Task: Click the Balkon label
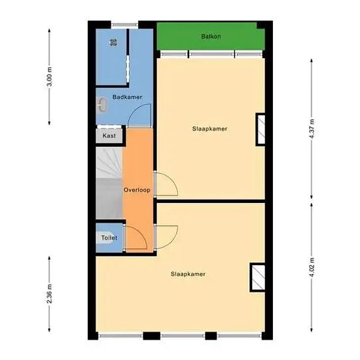point(211,37)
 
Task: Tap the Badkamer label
point(127,97)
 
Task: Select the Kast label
point(109,135)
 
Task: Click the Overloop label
point(137,190)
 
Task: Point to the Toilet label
point(109,238)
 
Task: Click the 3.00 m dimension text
point(49,77)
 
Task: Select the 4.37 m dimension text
point(312,129)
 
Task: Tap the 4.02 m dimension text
point(312,267)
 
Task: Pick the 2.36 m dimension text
point(49,294)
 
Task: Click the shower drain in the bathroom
point(113,43)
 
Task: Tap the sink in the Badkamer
point(101,105)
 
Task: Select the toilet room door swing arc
point(141,232)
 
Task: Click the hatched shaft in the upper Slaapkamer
point(261,130)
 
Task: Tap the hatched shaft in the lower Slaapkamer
point(258,278)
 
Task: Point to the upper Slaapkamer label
point(209,129)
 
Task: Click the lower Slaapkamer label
point(188,274)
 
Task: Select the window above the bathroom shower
point(124,25)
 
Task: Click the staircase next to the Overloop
point(109,183)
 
